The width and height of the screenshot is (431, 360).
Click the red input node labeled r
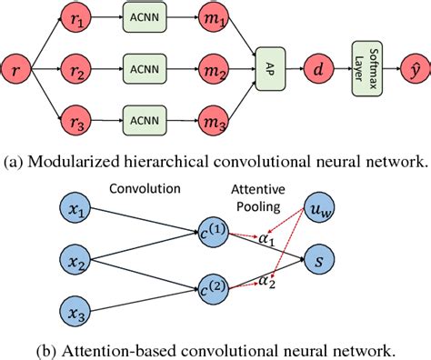(x=16, y=67)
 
